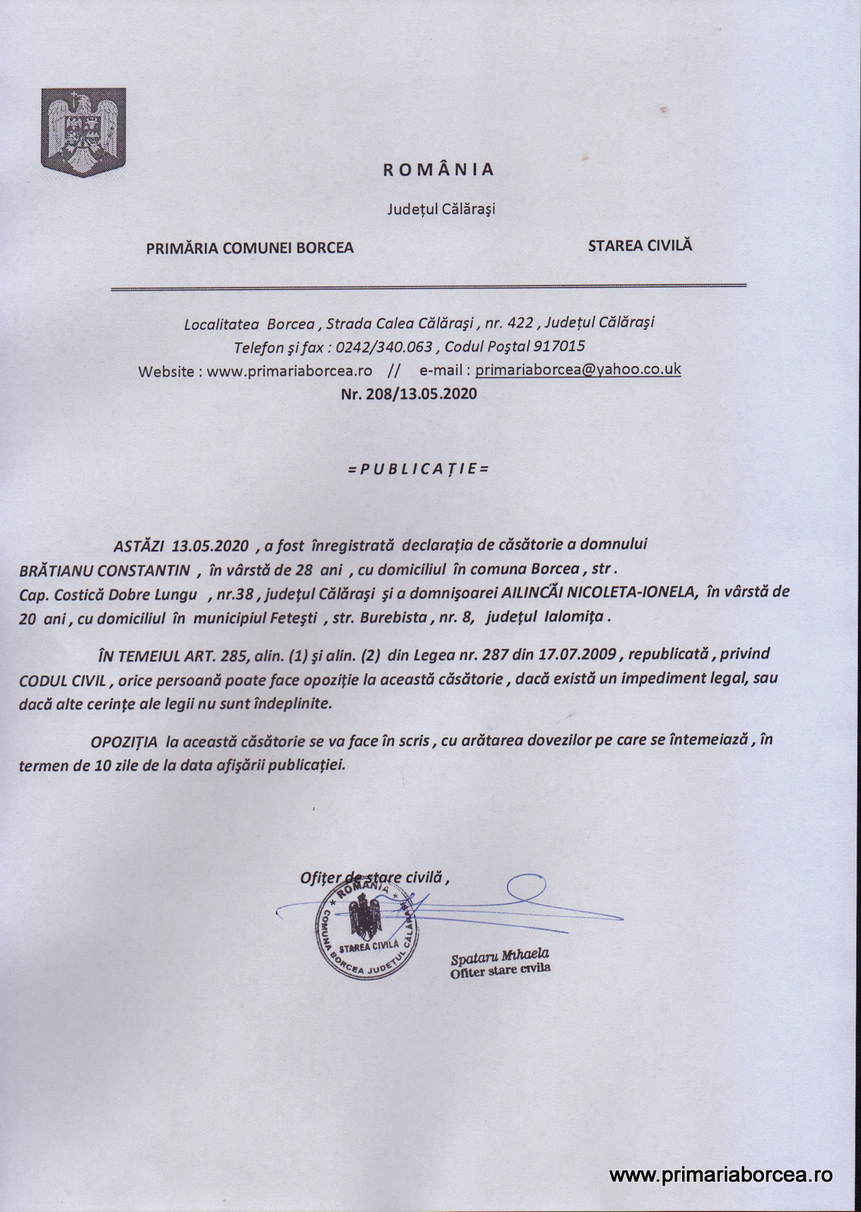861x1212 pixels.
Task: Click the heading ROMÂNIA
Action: (x=438, y=169)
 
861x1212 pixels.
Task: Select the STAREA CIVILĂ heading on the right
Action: (x=640, y=245)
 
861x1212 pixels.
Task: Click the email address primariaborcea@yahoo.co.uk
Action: (x=578, y=370)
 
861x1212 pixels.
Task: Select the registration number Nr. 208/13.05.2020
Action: (x=410, y=394)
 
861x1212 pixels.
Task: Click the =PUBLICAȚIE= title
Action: (x=418, y=468)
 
